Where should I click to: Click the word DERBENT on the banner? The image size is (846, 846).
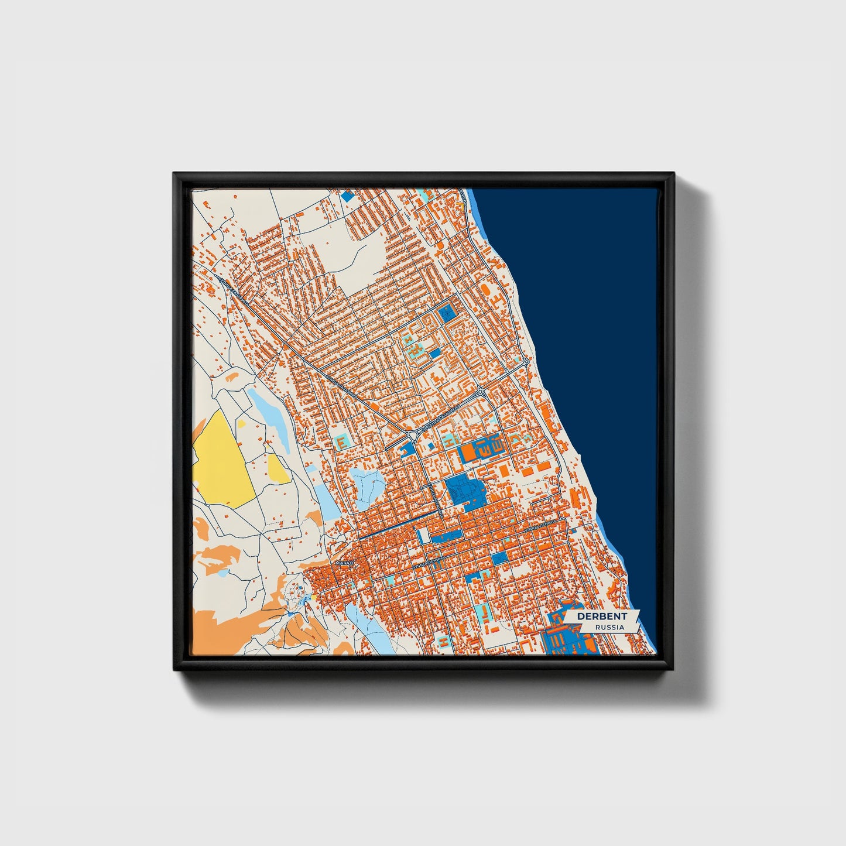601,616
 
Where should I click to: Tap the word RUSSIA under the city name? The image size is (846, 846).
609,627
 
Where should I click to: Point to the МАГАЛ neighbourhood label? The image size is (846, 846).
344,563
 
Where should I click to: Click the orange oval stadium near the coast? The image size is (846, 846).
485,289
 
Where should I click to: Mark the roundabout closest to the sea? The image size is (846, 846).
526,362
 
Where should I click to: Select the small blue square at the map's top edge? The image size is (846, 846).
347,196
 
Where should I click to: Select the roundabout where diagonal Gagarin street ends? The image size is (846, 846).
414,434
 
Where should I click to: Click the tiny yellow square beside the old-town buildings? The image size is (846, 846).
314,597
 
